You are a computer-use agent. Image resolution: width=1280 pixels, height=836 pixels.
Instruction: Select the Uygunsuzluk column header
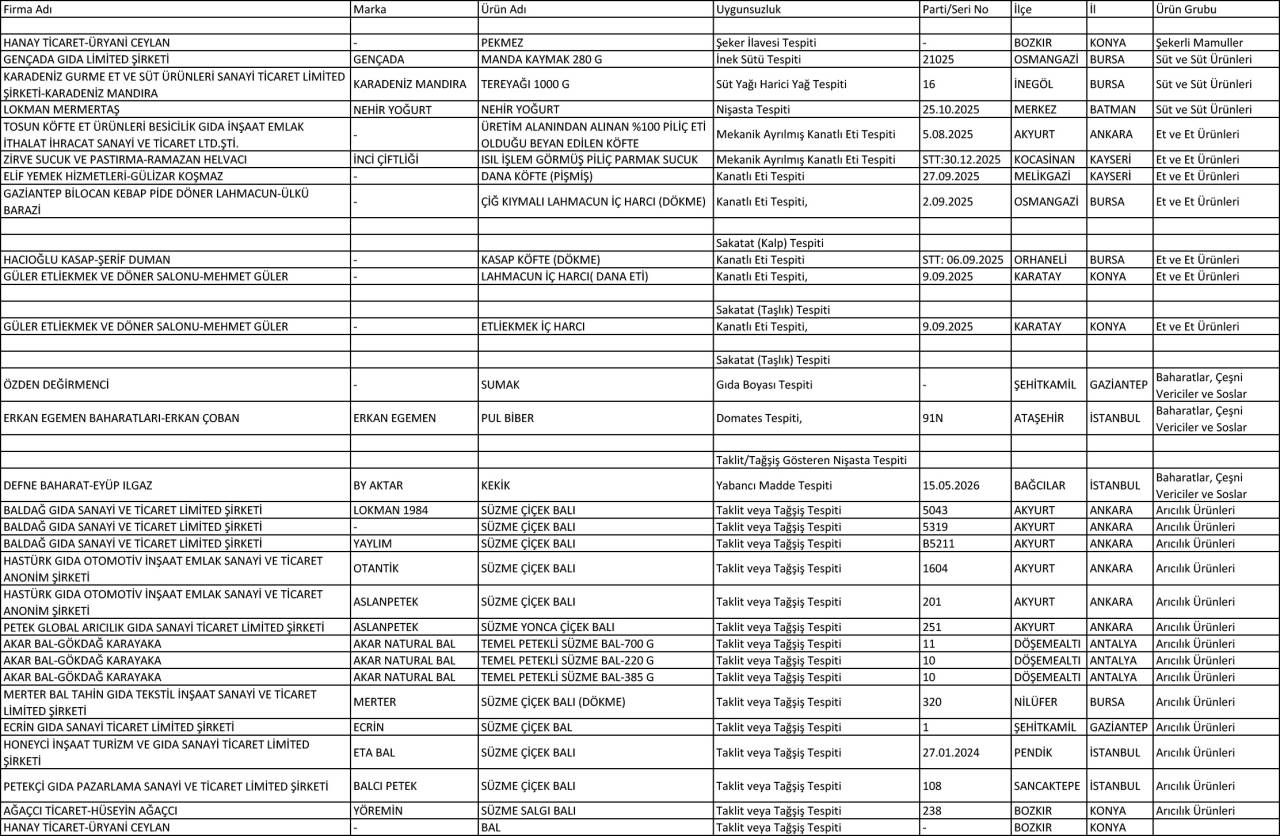749,9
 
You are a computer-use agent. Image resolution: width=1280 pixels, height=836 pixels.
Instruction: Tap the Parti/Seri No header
955,9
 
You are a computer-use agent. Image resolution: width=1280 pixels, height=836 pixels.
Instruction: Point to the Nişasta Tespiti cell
753,109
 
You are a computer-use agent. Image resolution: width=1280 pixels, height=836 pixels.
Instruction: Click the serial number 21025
938,59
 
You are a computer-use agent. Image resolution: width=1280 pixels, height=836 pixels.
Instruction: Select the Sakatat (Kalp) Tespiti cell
770,243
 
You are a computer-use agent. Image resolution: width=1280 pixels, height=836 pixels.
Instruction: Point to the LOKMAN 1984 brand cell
391,510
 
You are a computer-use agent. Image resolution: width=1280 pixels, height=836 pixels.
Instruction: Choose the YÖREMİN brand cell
380,811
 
